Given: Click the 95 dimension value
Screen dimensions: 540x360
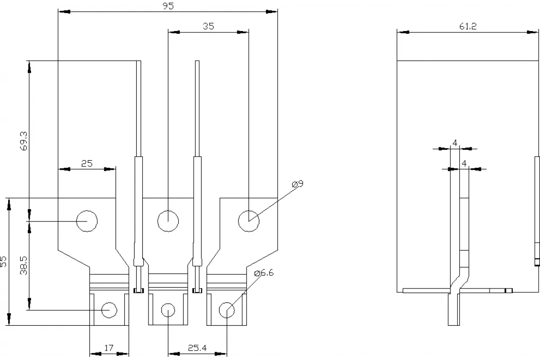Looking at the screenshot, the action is pyautogui.click(x=168, y=6).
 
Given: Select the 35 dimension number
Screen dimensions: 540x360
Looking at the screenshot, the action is pyautogui.click(x=208, y=26).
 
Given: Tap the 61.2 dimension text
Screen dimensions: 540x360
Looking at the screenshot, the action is pyautogui.click(x=468, y=26).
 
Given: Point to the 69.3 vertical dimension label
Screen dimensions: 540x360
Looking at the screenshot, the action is pyautogui.click(x=23, y=141).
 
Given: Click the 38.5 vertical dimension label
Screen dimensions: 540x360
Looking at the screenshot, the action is pyautogui.click(x=23, y=265).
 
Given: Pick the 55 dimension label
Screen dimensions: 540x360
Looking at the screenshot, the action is pyautogui.click(x=4, y=261).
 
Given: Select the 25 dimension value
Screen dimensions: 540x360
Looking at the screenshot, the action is pyautogui.click(x=87, y=163).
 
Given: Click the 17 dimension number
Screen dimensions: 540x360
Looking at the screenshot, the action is pyautogui.click(x=109, y=348).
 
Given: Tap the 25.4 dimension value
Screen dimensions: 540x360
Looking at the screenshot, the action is pyautogui.click(x=197, y=348).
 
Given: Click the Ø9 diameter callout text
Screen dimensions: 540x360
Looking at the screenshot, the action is pyautogui.click(x=297, y=184).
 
